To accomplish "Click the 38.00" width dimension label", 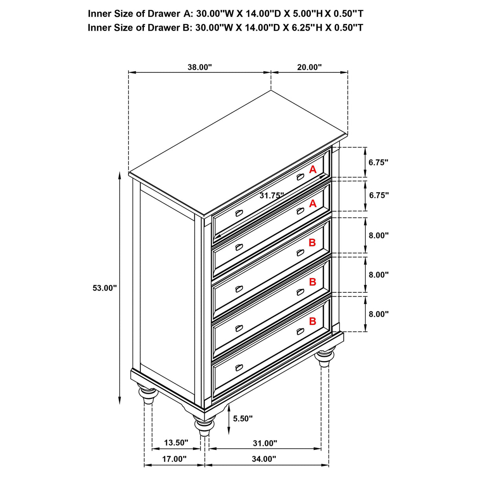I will (x=199, y=67).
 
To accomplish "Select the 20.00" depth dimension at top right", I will (x=309, y=67).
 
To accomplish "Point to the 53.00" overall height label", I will (x=105, y=288).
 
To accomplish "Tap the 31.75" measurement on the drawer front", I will (x=272, y=196).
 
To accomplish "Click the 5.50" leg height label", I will (x=243, y=419).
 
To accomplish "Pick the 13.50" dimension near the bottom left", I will (x=176, y=443).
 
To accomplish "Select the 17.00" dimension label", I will (x=174, y=459).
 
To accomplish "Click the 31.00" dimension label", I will (x=265, y=443).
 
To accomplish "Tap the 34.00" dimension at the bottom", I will (x=264, y=459).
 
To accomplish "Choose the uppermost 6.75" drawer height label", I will (x=378, y=162).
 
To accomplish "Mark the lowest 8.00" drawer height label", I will (x=378, y=314).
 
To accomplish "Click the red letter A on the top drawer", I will (x=313, y=170).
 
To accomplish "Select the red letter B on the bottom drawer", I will (x=312, y=321).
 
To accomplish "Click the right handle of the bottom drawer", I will (x=301, y=331).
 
